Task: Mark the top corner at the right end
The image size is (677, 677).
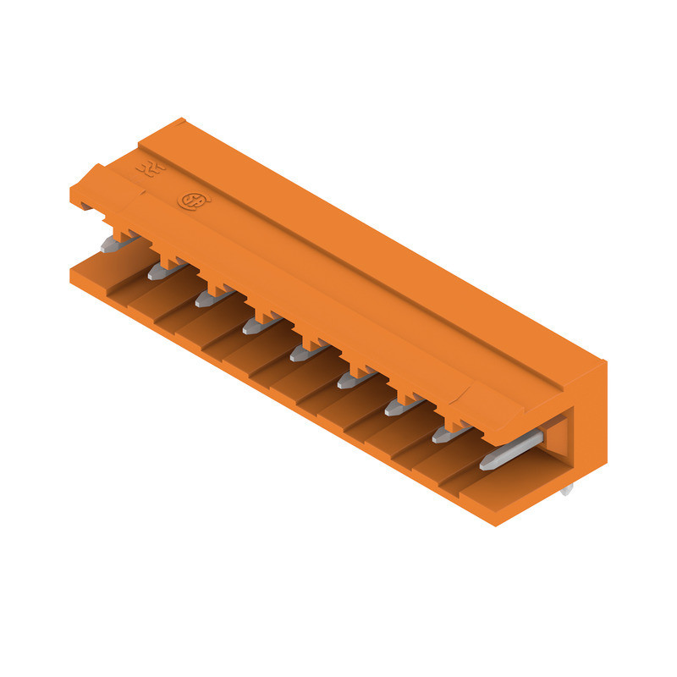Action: pos(604,362)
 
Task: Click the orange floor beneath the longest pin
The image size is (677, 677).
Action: pos(508,482)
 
